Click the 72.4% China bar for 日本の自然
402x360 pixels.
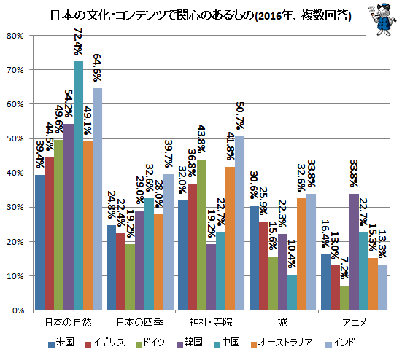(x=78, y=186)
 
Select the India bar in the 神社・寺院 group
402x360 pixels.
(x=239, y=223)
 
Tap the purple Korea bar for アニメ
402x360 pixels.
(x=354, y=252)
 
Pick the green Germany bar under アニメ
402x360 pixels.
(x=344, y=298)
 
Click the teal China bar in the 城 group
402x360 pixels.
(x=292, y=292)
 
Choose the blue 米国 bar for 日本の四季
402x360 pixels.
(x=112, y=267)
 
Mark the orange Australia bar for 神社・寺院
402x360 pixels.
(x=230, y=238)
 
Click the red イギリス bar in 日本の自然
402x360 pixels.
(x=50, y=234)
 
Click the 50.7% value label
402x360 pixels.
(x=240, y=116)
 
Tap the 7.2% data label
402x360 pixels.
(x=344, y=268)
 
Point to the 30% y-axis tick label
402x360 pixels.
(x=15, y=208)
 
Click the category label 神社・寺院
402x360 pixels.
(x=211, y=322)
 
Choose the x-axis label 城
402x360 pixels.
(x=282, y=322)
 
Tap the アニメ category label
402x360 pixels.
(x=354, y=322)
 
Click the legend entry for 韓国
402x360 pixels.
(x=190, y=343)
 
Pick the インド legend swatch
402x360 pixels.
(x=328, y=345)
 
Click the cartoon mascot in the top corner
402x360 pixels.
(x=382, y=19)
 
